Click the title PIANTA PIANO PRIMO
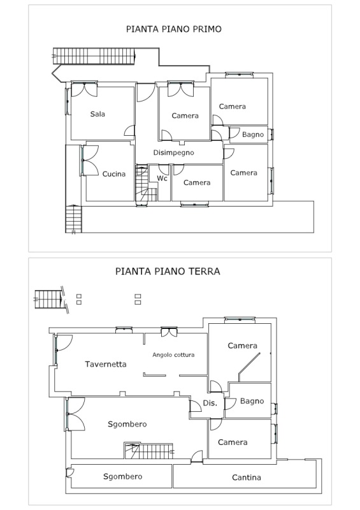(174, 29)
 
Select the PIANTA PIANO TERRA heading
(168, 272)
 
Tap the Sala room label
(97, 114)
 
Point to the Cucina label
(114, 174)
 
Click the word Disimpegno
(174, 153)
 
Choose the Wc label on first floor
(162, 178)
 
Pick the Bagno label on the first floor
(253, 135)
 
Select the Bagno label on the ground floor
(252, 402)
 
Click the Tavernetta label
(106, 364)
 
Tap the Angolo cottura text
(173, 355)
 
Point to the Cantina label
(247, 477)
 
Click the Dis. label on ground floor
(210, 403)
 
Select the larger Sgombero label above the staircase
(127, 425)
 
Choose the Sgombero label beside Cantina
(122, 477)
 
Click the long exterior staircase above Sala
(94, 56)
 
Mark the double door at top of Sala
(84, 89)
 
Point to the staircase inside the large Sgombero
(149, 451)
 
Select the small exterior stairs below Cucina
(73, 219)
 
